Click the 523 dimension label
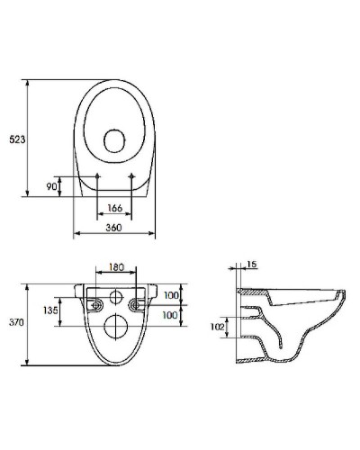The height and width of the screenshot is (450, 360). [x=16, y=139]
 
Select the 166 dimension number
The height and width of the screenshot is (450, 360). [x=114, y=209]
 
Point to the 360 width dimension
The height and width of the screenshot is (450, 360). [x=114, y=229]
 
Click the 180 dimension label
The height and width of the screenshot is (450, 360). [x=115, y=267]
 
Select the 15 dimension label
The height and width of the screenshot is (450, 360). [x=251, y=264]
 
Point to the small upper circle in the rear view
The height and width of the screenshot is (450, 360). [x=115, y=297]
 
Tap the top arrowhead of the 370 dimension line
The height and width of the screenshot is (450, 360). [x=29, y=287]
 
